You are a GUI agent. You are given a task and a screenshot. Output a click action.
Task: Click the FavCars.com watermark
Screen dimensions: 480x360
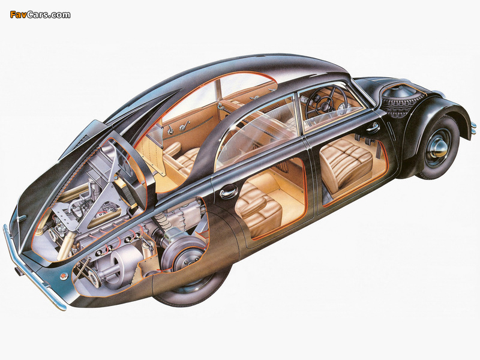pyautogui.click(x=40, y=14)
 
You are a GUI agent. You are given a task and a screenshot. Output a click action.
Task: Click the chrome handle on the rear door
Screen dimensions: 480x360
pyautogui.click(x=227, y=193)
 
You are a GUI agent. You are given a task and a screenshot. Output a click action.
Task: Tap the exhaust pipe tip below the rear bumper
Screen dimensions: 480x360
pyautogui.click(x=17, y=272)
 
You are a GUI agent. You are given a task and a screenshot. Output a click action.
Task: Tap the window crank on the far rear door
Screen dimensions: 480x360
pyautogui.click(x=185, y=125)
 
